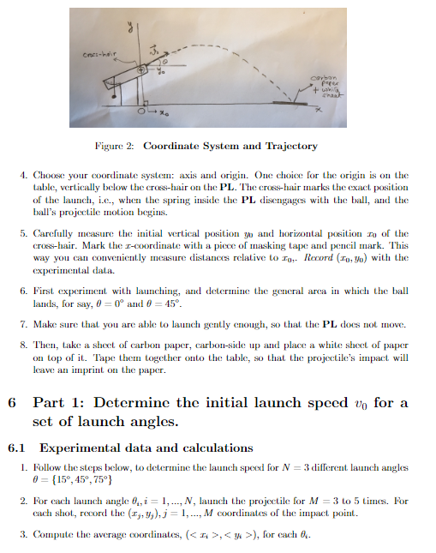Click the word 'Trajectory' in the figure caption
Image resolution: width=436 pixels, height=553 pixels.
coord(288,147)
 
